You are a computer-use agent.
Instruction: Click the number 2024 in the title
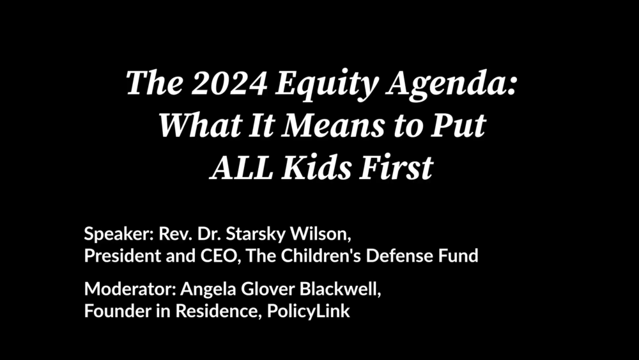pos(229,82)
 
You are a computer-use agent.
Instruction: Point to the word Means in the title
pos(334,125)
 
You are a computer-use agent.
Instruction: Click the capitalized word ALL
pos(242,168)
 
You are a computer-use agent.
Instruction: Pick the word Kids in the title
pos(316,167)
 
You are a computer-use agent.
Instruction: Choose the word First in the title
pos(396,167)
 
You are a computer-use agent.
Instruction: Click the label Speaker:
pos(118,235)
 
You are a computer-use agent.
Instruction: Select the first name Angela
pos(208,290)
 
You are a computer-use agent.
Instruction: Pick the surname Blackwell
pos(341,289)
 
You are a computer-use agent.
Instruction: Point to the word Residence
pos(219,311)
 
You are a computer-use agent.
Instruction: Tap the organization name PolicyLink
pos(309,311)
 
